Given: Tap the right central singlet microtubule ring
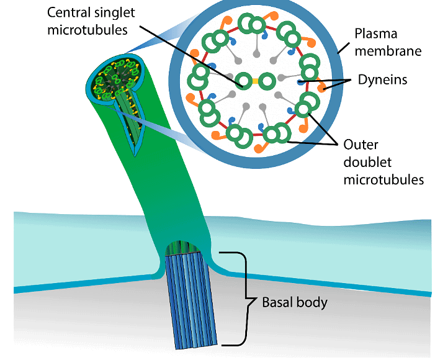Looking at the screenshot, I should (x=267, y=81).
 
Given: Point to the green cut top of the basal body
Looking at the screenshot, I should (x=183, y=248).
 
